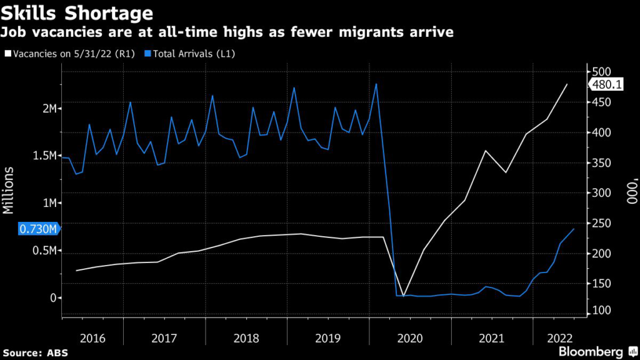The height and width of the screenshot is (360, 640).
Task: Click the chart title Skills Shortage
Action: tap(77, 12)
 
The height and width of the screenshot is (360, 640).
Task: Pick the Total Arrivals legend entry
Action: tap(187, 54)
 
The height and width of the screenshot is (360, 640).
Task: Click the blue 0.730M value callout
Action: tap(39, 229)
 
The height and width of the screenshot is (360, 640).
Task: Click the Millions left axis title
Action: tap(9, 191)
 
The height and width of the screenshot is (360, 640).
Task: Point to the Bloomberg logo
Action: tap(590, 352)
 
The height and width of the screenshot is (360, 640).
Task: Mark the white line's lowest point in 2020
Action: tap(403, 296)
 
